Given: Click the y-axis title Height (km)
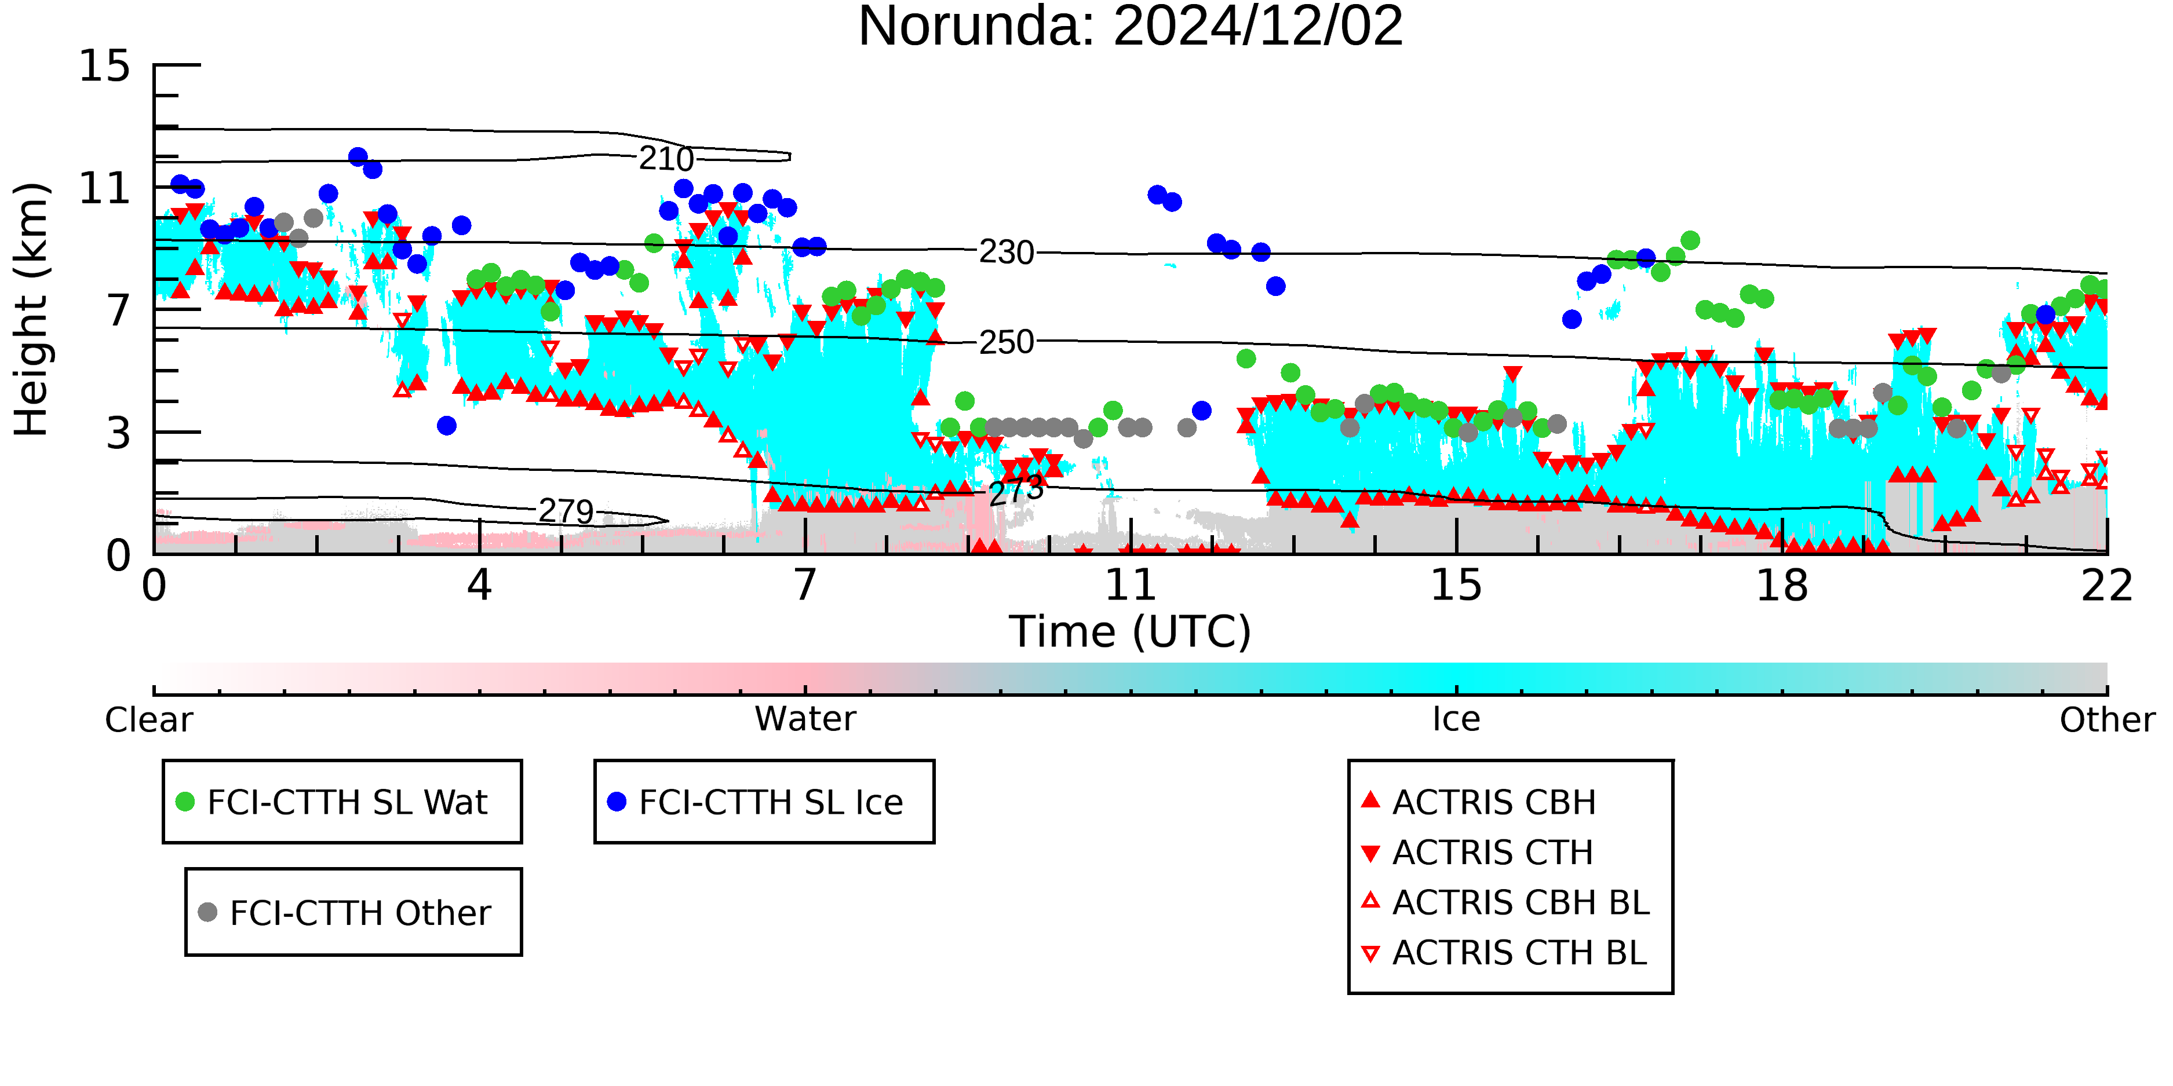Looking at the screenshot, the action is tap(31, 309).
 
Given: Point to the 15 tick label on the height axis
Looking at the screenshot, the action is tap(105, 66).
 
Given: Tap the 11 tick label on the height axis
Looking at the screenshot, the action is tap(105, 188).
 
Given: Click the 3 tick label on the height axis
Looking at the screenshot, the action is tap(119, 433).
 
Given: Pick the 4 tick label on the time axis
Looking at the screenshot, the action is tap(479, 585).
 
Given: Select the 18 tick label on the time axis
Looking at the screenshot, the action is tap(1782, 585).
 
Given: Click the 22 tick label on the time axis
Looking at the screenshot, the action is tap(2107, 585).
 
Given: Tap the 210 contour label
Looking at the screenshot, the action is tap(666, 159).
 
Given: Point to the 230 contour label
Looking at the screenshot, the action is tap(1007, 252).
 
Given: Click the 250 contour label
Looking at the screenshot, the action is tap(1007, 342).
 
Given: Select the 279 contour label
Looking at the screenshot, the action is tap(567, 511).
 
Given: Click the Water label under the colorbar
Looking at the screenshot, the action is tap(805, 719).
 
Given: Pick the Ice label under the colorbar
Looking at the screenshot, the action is tap(1456, 719).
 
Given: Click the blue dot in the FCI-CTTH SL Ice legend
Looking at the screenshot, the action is tap(617, 802).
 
